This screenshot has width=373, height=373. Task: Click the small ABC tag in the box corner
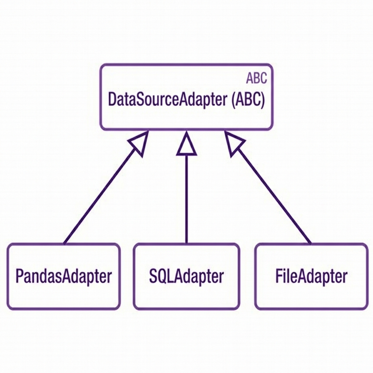coord(256,78)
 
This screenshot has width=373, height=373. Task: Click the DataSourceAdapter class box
coord(186,117)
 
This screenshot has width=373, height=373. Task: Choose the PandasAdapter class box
coord(63,295)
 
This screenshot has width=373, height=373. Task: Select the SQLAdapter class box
coord(186,295)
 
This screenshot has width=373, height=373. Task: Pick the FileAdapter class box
coord(311,295)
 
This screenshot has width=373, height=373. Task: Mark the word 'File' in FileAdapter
coord(284,276)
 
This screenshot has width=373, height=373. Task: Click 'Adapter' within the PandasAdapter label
coord(87,276)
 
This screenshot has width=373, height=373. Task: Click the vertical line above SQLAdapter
coord(186,200)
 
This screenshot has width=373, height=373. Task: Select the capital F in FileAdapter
coord(279,276)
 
